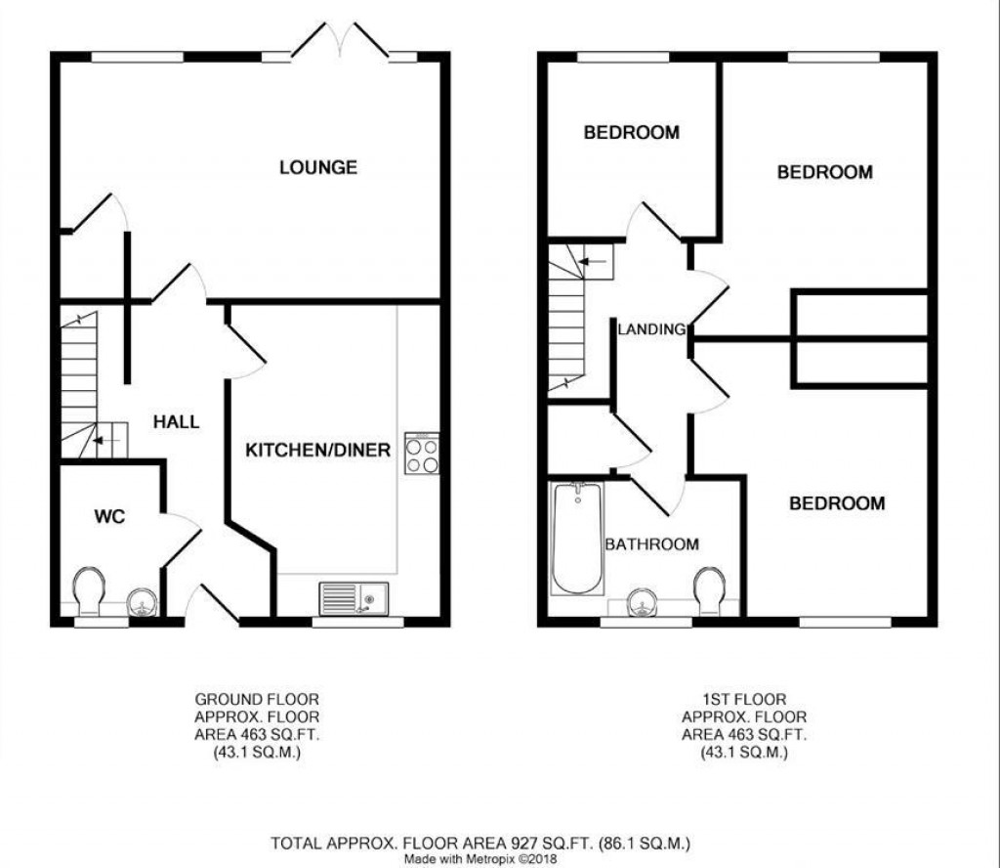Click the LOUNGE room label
pos(317,167)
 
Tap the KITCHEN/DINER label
pos(317,451)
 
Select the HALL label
pos(176,422)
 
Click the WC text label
pos(110,517)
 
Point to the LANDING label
pos(651,329)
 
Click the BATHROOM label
pos(651,544)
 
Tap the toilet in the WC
pos(89,590)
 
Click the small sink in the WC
pos(143,601)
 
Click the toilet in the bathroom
pos(709,589)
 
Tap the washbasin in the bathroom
pos(643,602)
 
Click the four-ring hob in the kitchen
pos(422,454)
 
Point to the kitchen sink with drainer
pos(353,597)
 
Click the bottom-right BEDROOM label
pos(837,503)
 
